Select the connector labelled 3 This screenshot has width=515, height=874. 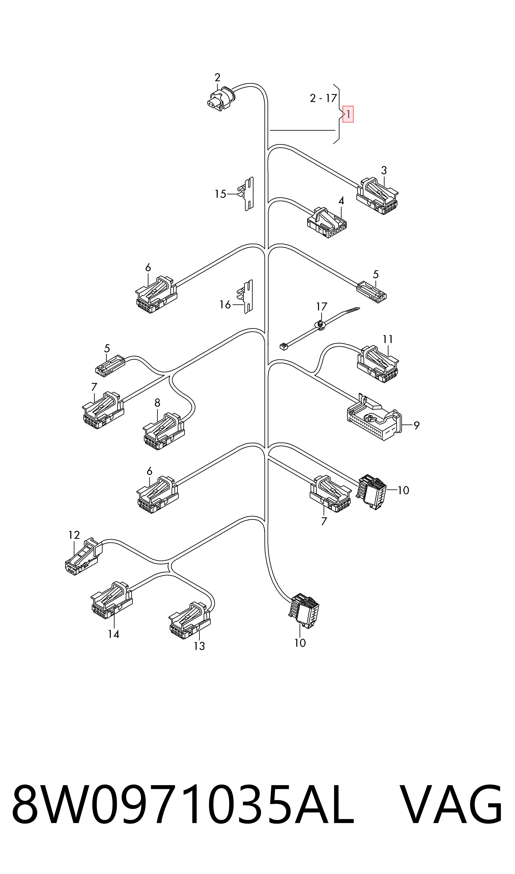[x=378, y=196]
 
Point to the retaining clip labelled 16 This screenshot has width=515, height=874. [x=245, y=297]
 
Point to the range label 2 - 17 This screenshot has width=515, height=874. [x=323, y=98]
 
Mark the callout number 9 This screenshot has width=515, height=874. [x=416, y=425]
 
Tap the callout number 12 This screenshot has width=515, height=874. [x=74, y=535]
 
